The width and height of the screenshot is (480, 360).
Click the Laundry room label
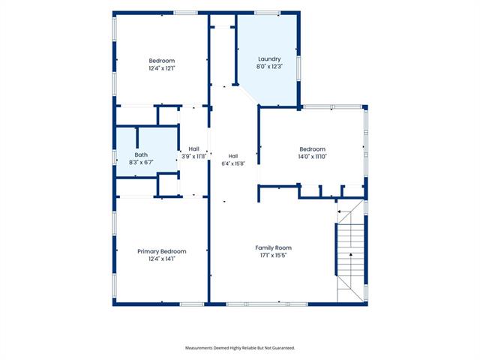pyautogui.click(x=269, y=59)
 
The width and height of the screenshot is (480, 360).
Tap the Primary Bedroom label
pyautogui.click(x=162, y=252)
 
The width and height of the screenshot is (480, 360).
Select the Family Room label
pyautogui.click(x=273, y=248)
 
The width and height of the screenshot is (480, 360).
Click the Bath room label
pyautogui.click(x=141, y=155)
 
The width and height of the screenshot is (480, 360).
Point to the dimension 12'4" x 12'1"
pyautogui.click(x=162, y=68)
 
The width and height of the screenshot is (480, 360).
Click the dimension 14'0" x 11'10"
pyautogui.click(x=313, y=157)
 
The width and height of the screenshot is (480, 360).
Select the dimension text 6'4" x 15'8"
pyautogui.click(x=233, y=163)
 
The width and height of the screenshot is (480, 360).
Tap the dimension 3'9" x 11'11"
pyautogui.click(x=193, y=157)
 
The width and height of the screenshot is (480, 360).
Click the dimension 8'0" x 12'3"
pyautogui.click(x=269, y=67)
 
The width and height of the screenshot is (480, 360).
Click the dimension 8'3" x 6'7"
pyautogui.click(x=141, y=162)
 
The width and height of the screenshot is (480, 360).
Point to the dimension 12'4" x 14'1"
pyautogui.click(x=162, y=259)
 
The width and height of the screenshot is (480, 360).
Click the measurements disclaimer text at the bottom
pyautogui.click(x=240, y=348)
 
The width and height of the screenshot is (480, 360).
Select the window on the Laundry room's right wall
pyautogui.click(x=298, y=68)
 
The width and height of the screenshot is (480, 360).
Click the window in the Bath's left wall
pyautogui.click(x=114, y=157)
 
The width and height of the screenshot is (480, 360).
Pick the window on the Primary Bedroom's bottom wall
pyautogui.click(x=192, y=304)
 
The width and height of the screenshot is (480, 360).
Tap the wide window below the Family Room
pyautogui.click(x=267, y=304)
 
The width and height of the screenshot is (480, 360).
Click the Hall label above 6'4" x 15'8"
pyautogui.click(x=233, y=156)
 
